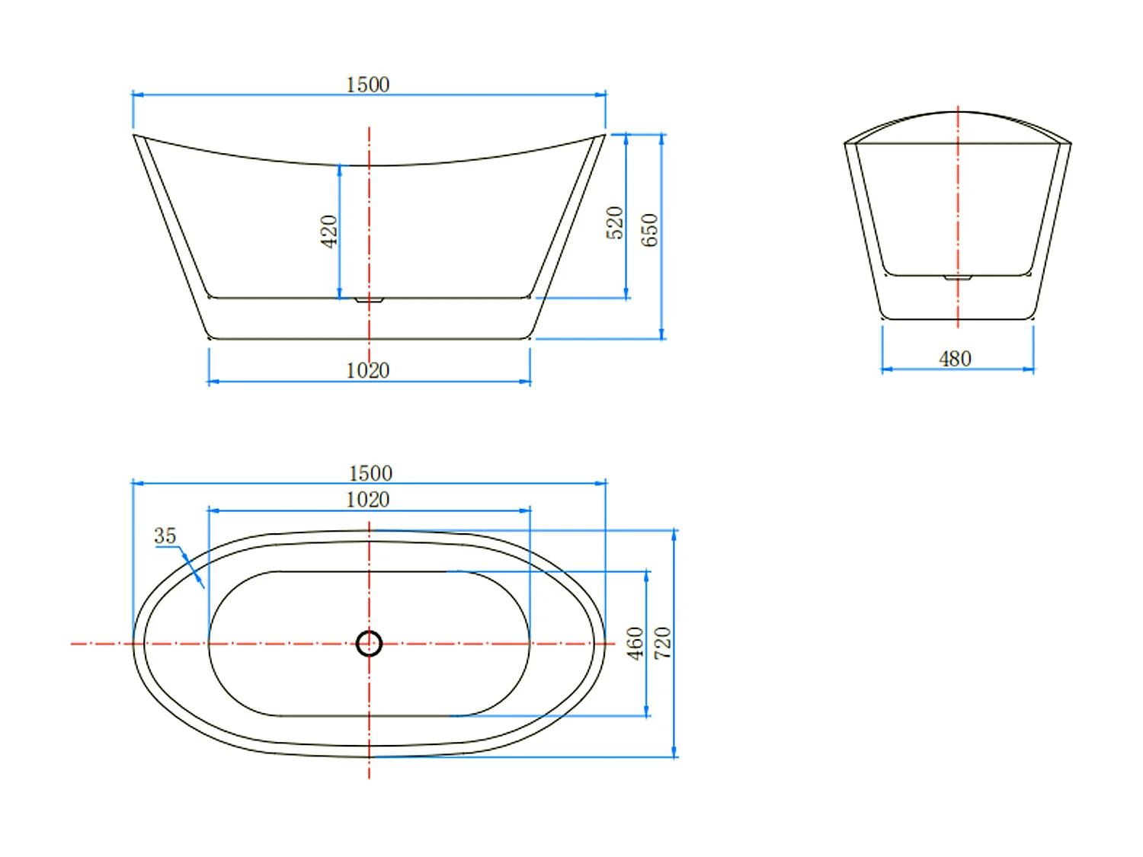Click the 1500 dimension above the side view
(367, 85)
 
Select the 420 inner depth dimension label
(328, 232)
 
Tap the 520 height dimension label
(614, 222)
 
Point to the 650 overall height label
(649, 230)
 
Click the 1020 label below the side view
(367, 370)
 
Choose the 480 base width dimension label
(955, 359)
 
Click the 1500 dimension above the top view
(370, 473)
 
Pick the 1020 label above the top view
(367, 500)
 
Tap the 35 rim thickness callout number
(165, 536)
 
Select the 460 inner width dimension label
(636, 644)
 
